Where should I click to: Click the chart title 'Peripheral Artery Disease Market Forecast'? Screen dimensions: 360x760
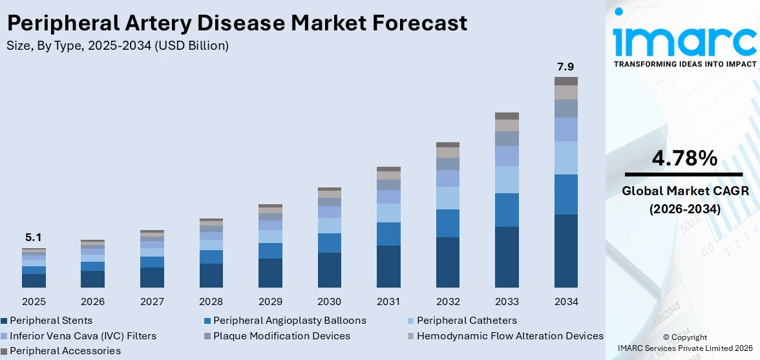coord(237,23)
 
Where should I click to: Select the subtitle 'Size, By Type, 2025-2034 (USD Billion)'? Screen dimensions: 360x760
coord(117,46)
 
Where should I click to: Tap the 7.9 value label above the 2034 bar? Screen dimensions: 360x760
coord(565,67)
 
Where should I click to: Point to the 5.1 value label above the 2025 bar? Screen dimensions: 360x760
coord(34,238)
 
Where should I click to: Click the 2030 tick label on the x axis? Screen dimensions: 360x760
coord(330,302)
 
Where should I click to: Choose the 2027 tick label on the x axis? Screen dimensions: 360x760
coord(152,302)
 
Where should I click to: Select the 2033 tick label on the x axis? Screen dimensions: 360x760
coord(507,302)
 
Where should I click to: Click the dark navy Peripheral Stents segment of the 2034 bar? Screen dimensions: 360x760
coord(565,251)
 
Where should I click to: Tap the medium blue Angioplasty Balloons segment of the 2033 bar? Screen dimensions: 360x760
coord(507,209)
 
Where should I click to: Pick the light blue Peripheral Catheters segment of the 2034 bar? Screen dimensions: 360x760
coord(565,158)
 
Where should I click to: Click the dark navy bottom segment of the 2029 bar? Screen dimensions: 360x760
coord(270,273)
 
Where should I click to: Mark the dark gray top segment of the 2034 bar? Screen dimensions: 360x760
coord(565,81)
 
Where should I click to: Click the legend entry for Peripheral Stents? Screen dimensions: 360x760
coord(50,321)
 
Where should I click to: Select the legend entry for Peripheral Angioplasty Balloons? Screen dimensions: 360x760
coord(289,321)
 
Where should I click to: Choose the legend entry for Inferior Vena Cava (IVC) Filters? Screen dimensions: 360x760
coord(82,336)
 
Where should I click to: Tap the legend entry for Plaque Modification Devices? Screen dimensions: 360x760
coord(281,336)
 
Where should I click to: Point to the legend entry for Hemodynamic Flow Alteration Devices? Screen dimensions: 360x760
coord(509,336)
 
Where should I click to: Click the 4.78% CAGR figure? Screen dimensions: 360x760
coord(684,158)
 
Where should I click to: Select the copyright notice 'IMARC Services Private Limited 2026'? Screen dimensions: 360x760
coord(684,348)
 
